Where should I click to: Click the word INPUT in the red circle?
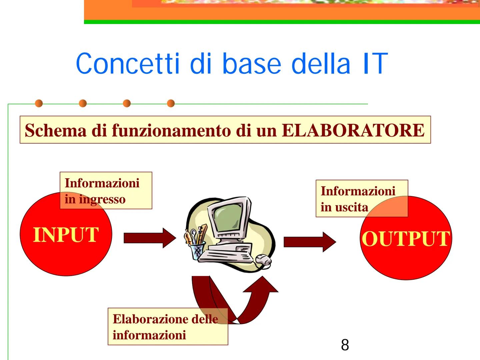[66, 235]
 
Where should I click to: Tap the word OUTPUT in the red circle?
[406, 239]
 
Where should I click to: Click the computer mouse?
[264, 260]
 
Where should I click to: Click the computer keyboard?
[227, 255]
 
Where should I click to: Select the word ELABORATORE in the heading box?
[353, 130]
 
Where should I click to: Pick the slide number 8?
[345, 345]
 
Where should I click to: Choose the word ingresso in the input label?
[102, 199]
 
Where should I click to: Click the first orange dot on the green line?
[39, 103]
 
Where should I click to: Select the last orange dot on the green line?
[171, 103]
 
